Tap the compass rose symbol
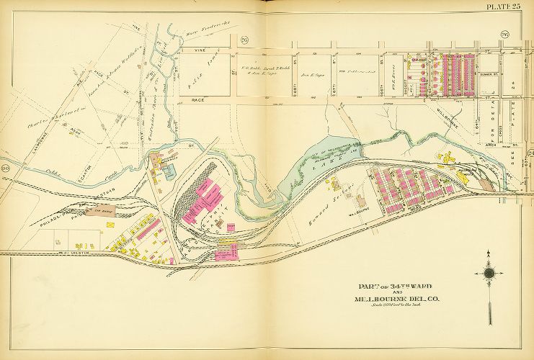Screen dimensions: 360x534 tap(489, 272)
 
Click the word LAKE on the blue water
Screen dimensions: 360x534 tap(315, 163)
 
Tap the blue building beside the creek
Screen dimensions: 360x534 tap(169, 171)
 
